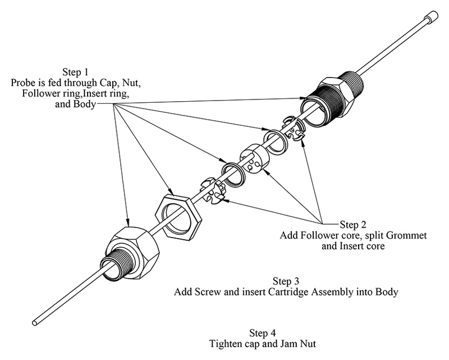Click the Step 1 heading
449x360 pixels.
click(x=75, y=72)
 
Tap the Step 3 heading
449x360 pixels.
click(x=286, y=281)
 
